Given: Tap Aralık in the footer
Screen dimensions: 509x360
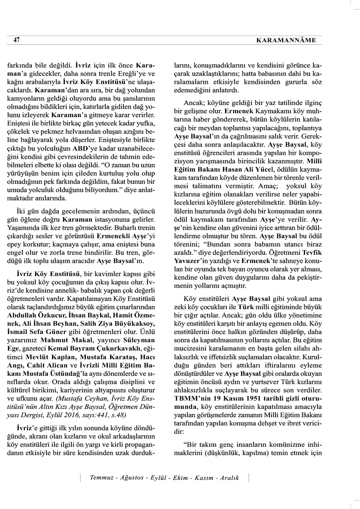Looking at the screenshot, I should tap(229, 478).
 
